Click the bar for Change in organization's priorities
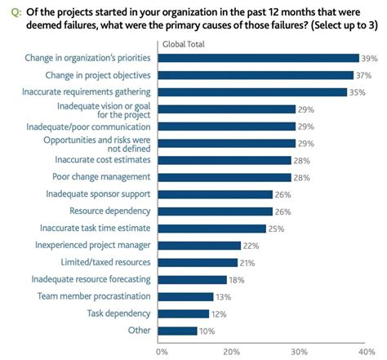(260, 58)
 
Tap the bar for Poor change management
(226, 177)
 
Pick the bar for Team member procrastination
(187, 296)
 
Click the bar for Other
(180, 331)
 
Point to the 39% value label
(370, 58)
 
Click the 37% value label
(364, 75)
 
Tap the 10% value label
(207, 331)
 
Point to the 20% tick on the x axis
(231, 351)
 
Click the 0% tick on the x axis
(162, 351)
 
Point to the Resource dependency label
(109, 211)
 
